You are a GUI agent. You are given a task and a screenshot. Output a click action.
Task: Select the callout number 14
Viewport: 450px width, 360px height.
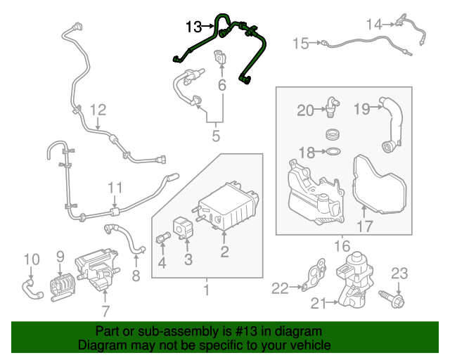374,25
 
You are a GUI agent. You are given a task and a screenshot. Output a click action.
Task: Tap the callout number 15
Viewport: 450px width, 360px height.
300,44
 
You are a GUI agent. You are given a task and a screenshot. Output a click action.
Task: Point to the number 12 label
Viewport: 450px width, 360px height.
97,110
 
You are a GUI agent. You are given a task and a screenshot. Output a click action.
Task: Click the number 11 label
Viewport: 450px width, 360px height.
115,187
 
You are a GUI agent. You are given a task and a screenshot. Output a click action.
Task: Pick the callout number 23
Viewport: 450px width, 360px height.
399,273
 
